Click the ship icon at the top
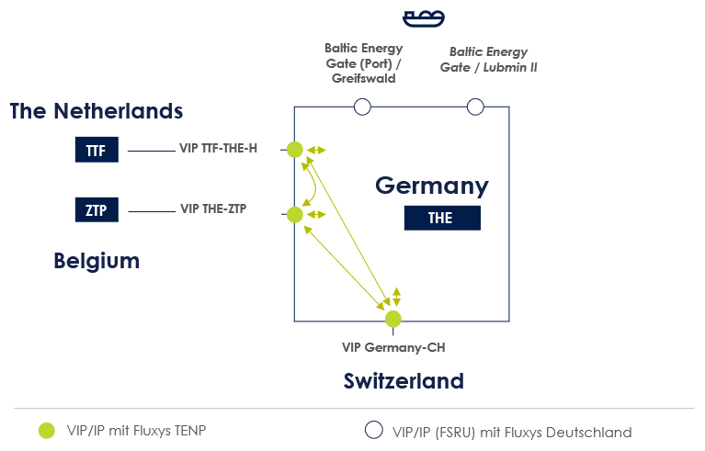(424, 17)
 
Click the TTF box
(96, 151)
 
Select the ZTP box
(96, 210)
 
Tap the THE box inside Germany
(441, 218)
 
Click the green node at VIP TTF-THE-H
(294, 149)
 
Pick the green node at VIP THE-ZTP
(294, 215)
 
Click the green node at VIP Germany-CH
(393, 319)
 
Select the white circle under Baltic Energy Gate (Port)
(362, 107)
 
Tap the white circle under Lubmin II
(475, 107)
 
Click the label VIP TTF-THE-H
(218, 148)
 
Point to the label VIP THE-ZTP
(213, 209)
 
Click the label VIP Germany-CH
(393, 347)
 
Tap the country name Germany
(432, 186)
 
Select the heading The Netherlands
(97, 111)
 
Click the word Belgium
(97, 261)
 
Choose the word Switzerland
(404, 380)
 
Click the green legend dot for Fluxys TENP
(47, 431)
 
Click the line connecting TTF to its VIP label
(151, 151)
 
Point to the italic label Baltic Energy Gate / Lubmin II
(483, 60)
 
